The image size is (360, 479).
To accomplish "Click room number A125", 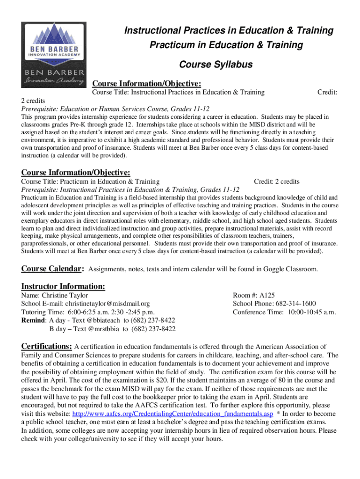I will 267,296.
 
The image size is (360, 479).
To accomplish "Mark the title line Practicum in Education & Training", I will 226,45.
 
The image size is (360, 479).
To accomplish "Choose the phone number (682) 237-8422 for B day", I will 153,329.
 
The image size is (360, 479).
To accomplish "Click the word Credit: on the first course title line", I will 327,93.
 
